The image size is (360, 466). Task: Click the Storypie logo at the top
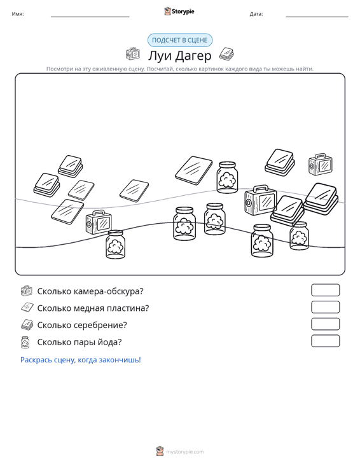coord(179,11)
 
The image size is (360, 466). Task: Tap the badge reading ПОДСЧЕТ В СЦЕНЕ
coord(180,40)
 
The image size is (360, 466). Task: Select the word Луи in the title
coord(160,55)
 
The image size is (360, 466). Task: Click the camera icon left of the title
coord(133,54)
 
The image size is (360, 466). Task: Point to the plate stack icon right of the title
coord(226,54)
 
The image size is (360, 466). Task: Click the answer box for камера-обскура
coord(325,290)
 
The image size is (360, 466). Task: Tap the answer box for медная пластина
coord(325,307)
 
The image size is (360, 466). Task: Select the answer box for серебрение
coord(325,324)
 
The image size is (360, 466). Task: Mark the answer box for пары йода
coord(325,341)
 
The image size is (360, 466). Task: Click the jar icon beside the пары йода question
coord(25,342)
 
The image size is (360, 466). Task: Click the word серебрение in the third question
coord(100,325)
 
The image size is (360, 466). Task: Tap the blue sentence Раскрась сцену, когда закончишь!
coord(81,360)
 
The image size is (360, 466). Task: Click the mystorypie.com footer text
coord(185,452)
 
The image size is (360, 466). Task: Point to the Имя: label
coord(18,14)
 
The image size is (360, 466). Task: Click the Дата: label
coord(256,14)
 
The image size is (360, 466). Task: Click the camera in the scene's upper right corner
coord(321,165)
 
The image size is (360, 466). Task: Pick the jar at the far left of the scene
coord(115,244)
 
